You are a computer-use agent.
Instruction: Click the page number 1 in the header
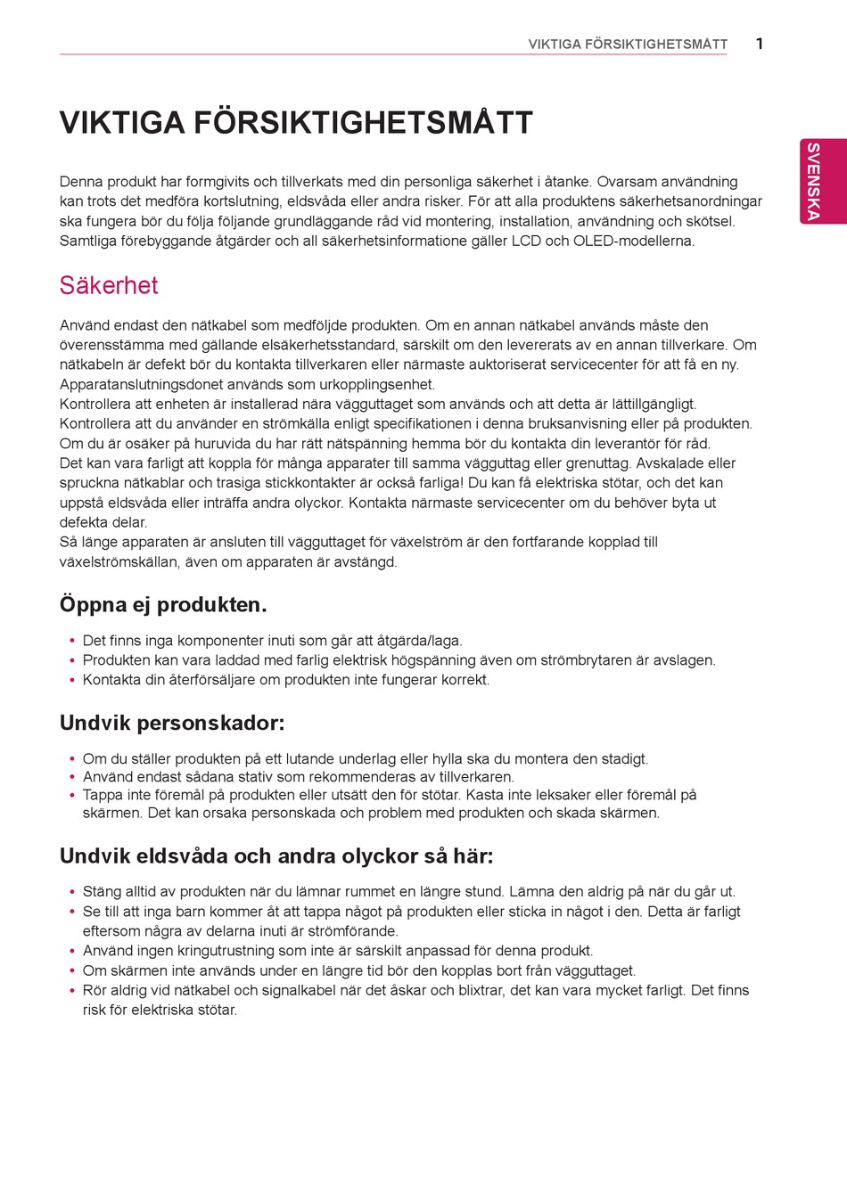click(759, 44)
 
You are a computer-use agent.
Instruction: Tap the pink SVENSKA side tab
click(813, 181)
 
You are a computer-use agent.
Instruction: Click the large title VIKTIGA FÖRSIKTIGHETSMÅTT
click(296, 123)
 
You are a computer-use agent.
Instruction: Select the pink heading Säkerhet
click(109, 285)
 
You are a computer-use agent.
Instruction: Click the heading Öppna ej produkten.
click(163, 605)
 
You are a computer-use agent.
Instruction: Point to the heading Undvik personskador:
click(172, 723)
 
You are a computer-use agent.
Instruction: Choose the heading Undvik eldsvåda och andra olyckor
click(275, 856)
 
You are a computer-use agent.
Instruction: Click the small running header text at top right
click(628, 45)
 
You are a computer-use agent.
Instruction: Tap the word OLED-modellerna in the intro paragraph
click(633, 241)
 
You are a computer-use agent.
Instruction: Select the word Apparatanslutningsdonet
click(138, 385)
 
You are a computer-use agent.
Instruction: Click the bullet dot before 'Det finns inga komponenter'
click(71, 641)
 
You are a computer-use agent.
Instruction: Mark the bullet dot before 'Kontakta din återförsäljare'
click(71, 680)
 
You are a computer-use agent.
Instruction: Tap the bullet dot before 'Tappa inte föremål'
click(71, 795)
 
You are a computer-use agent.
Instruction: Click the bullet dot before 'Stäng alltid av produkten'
click(71, 892)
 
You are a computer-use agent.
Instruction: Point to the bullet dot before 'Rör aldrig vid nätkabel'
click(71, 991)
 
